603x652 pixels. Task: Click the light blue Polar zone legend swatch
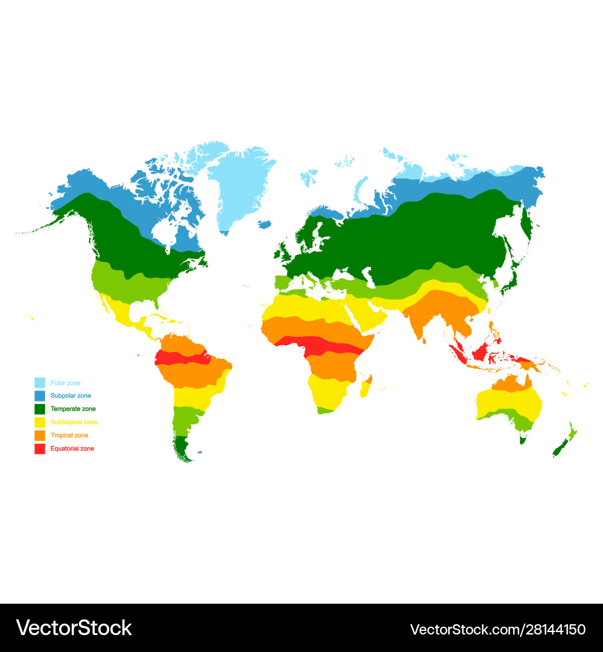(x=40, y=383)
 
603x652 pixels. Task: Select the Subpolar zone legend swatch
(x=40, y=396)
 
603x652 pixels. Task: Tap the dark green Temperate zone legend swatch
(x=40, y=409)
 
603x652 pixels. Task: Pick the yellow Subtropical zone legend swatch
(x=40, y=423)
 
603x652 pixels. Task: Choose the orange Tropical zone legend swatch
(x=40, y=436)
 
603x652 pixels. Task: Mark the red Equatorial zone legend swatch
(x=40, y=449)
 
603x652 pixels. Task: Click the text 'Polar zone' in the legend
(x=65, y=383)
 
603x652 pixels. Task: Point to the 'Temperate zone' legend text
(x=73, y=409)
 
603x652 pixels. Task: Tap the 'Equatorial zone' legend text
(x=72, y=449)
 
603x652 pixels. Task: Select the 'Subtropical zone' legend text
(x=74, y=423)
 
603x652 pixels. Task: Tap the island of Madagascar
(x=366, y=386)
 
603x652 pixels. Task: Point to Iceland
(x=264, y=224)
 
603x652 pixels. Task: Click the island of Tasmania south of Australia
(x=523, y=439)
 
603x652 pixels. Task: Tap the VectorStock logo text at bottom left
(x=74, y=628)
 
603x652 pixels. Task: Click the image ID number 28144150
(x=497, y=629)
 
